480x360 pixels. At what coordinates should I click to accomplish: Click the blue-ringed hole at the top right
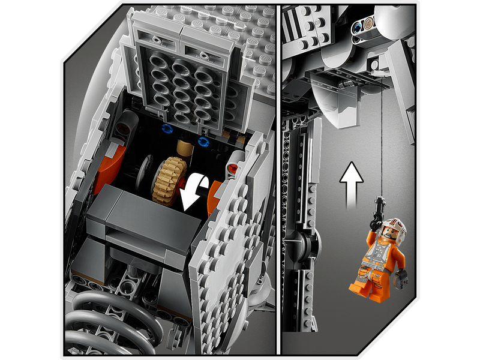pyautogui.click(x=359, y=26)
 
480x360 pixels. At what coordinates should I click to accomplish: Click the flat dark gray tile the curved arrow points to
pyautogui.click(x=144, y=215)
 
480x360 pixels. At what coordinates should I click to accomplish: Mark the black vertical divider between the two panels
pyautogui.click(x=278, y=180)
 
